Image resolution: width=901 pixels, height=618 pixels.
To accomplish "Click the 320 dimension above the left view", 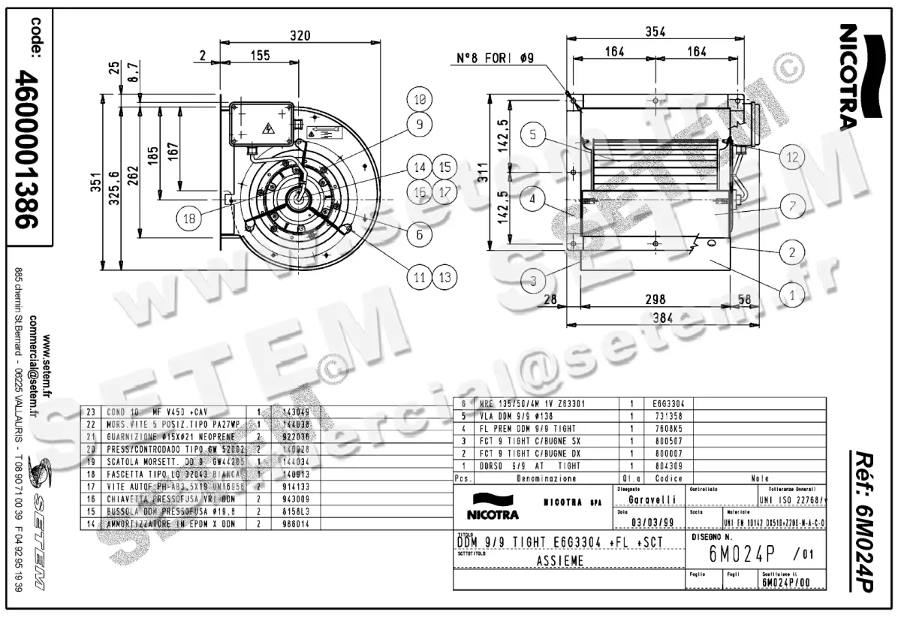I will coord(300,35).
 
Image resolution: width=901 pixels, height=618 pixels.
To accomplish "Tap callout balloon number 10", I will coord(419,98).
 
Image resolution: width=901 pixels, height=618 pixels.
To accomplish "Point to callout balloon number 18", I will coord(189,219).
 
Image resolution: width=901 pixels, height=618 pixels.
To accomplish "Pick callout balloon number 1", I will coord(791,295).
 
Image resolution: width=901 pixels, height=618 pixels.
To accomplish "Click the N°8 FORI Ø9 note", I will coord(495,58).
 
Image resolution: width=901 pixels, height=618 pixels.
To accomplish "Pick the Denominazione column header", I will coord(547,478).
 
